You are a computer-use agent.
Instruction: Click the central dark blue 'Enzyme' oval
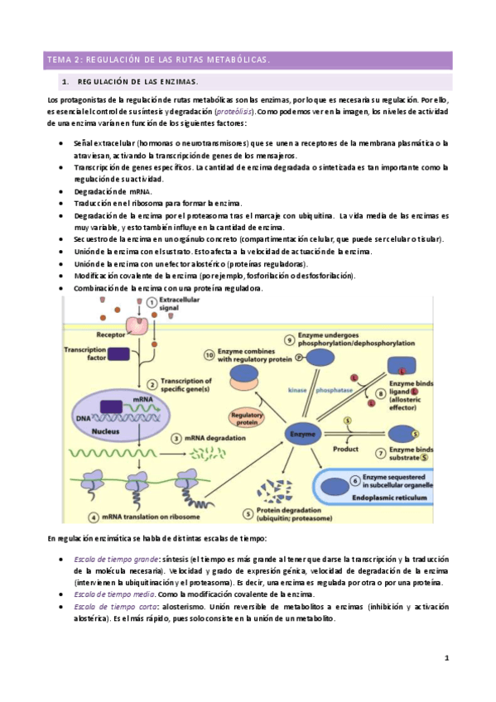click(301, 432)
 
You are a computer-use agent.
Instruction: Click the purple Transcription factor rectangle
click(118, 353)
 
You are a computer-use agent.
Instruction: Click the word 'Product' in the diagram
click(345, 449)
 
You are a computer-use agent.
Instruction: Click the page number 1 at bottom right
click(445, 658)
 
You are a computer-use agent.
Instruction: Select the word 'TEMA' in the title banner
click(60, 60)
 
